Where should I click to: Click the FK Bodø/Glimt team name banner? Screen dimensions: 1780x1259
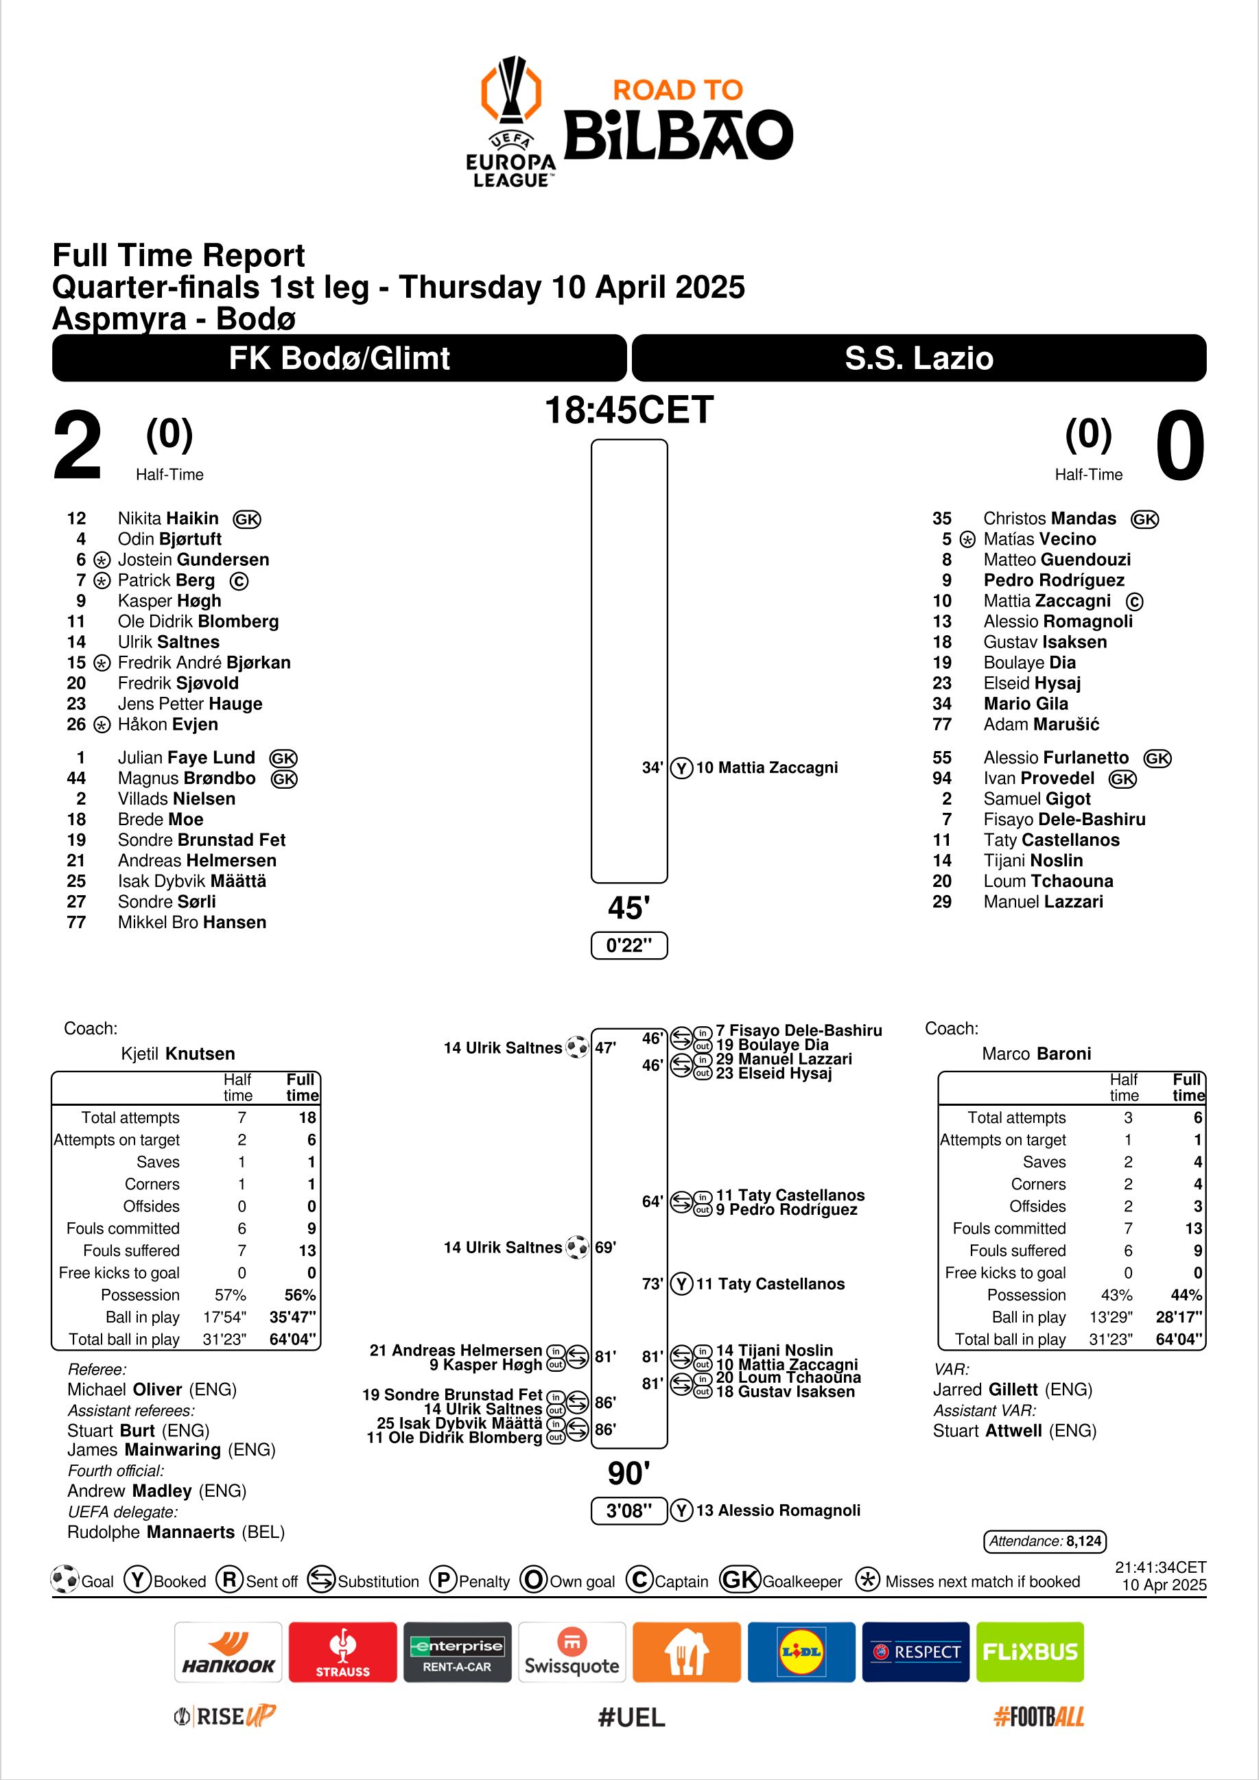pyautogui.click(x=339, y=358)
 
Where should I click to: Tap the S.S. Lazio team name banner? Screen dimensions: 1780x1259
pyautogui.click(x=919, y=358)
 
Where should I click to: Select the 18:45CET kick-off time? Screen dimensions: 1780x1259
pyautogui.click(x=628, y=410)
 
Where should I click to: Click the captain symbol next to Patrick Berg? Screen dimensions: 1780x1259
pyautogui.click(x=239, y=581)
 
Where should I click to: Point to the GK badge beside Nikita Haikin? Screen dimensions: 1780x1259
pyautogui.click(x=246, y=519)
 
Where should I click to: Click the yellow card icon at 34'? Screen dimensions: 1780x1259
pyautogui.click(x=681, y=768)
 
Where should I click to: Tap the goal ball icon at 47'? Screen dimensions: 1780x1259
pyautogui.click(x=577, y=1047)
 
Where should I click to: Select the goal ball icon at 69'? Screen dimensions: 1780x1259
pyautogui.click(x=577, y=1248)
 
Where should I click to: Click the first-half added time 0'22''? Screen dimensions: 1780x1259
pyautogui.click(x=628, y=945)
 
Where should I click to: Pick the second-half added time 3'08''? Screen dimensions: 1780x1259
pyautogui.click(x=628, y=1510)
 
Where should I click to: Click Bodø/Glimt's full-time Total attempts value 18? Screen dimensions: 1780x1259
pyautogui.click(x=307, y=1117)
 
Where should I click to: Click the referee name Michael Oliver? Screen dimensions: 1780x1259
pyautogui.click(x=152, y=1389)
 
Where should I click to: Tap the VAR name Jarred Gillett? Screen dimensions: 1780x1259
pyautogui.click(x=1013, y=1389)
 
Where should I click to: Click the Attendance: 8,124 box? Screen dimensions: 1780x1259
pyautogui.click(x=1045, y=1541)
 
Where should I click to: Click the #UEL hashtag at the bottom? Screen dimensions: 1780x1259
pyautogui.click(x=631, y=1718)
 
